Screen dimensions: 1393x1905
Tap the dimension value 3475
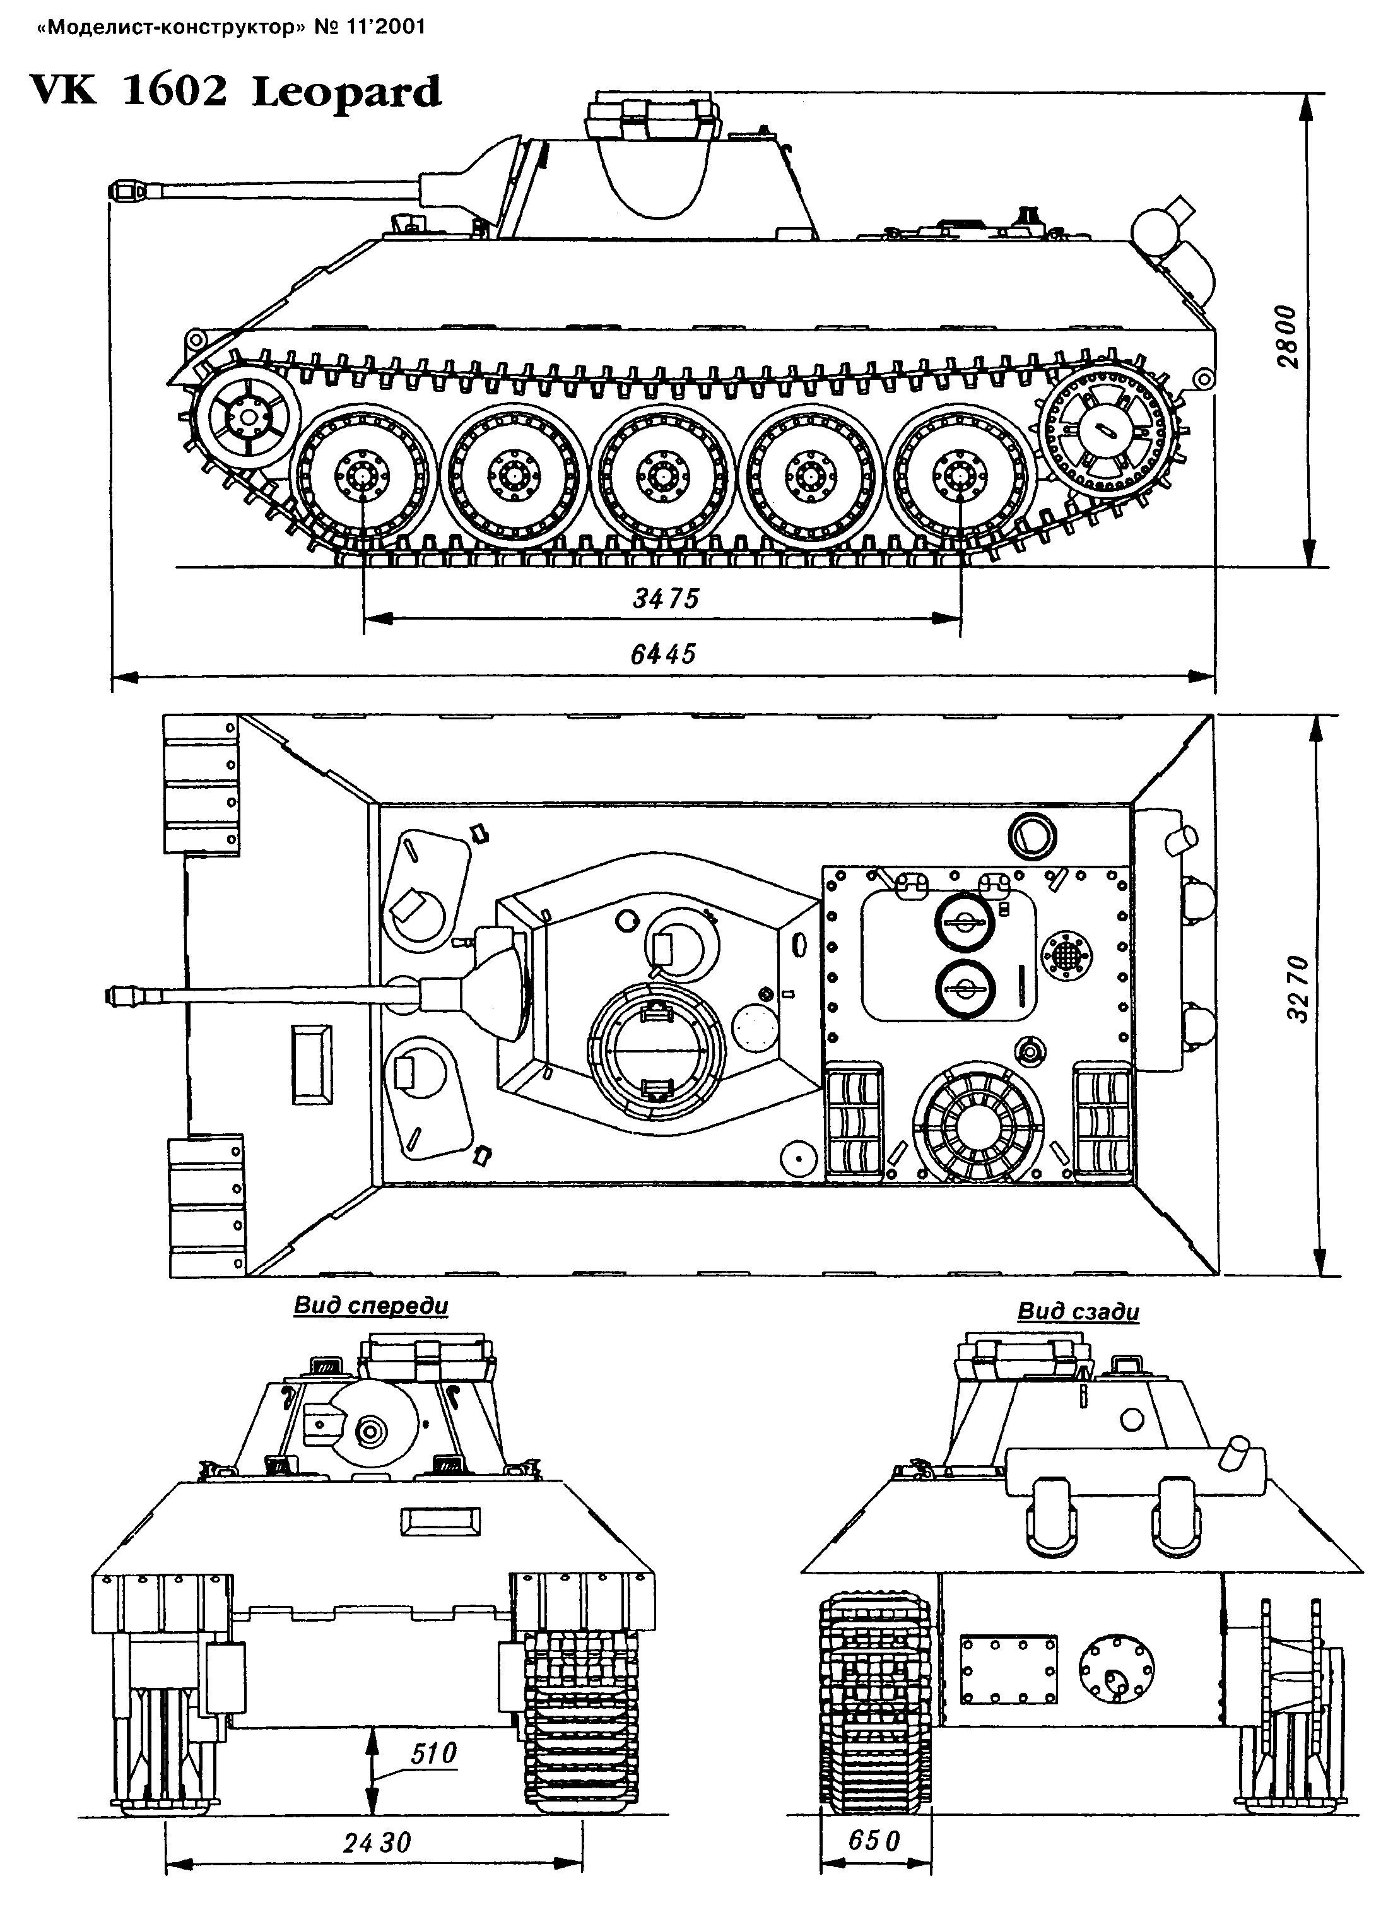666,599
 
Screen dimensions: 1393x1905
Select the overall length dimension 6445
664,654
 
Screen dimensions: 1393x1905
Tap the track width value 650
874,1840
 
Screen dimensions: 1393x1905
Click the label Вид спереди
371,1306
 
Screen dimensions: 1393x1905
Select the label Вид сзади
1078,1311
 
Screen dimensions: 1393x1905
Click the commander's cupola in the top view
655,1050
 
